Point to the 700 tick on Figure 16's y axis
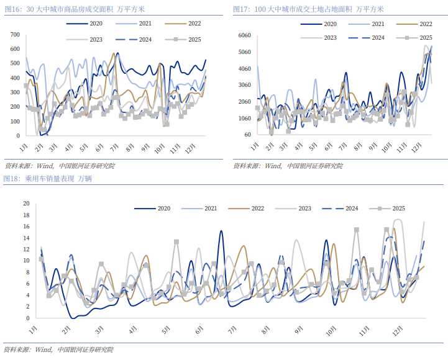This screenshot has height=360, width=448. click(x=14, y=33)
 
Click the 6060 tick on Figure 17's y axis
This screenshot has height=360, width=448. click(x=244, y=35)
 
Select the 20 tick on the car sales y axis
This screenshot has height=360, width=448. click(x=26, y=204)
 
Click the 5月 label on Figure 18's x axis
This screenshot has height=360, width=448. click(x=166, y=330)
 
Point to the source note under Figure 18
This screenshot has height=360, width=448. click(x=59, y=350)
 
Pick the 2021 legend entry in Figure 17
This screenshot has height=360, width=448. click(x=377, y=24)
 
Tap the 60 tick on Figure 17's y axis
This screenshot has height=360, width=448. click(x=247, y=134)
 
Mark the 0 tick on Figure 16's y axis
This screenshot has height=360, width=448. click(x=17, y=135)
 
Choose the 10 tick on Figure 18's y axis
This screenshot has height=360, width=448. click(x=26, y=261)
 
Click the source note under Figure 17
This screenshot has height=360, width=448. click(x=288, y=166)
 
